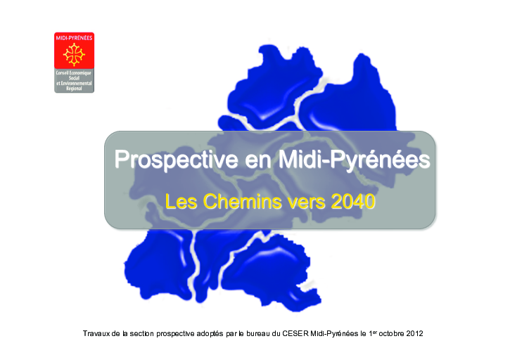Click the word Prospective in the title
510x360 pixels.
(176, 160)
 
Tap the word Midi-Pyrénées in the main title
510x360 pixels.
(355, 160)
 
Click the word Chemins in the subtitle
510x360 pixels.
(242, 202)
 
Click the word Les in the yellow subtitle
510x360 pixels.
(181, 202)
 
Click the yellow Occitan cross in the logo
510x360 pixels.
(74, 54)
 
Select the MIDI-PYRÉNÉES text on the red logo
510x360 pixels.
(74, 38)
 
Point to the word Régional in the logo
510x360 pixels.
(74, 89)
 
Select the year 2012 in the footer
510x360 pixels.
(415, 334)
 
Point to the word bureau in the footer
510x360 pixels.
(258, 334)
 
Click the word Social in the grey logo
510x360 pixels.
(74, 78)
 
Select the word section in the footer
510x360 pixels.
(142, 334)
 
